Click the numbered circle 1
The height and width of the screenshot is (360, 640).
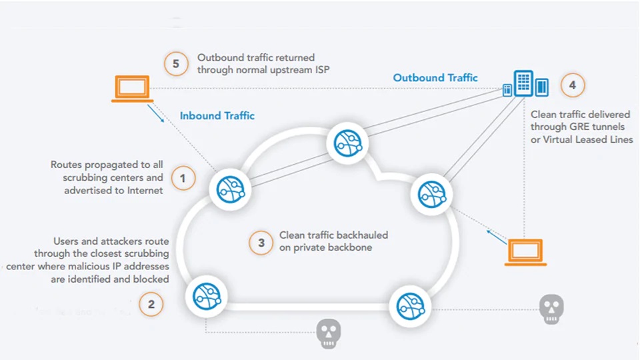click(183, 178)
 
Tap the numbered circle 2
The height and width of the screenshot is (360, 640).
click(151, 305)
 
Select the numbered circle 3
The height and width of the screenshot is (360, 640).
click(261, 243)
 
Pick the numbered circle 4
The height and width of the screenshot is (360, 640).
click(573, 85)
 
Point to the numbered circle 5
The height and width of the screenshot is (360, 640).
click(176, 64)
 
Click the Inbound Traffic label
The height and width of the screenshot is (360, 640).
click(217, 116)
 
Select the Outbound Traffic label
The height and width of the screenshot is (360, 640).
click(435, 78)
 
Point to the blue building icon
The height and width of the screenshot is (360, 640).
click(525, 85)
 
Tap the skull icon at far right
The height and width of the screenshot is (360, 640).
click(551, 309)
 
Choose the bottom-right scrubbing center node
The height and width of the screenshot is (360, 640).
click(409, 306)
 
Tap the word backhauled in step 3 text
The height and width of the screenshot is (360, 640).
click(360, 235)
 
